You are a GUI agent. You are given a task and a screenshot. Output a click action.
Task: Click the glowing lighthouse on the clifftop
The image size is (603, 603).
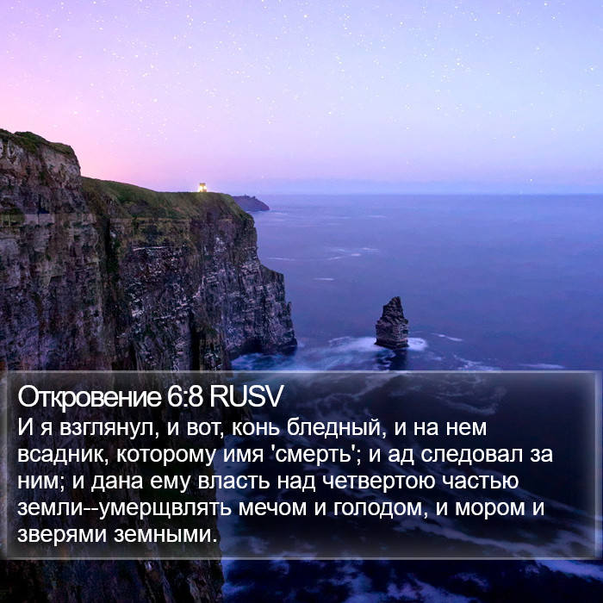tap(202, 187)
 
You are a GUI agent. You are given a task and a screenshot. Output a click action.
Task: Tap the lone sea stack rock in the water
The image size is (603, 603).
tap(391, 323)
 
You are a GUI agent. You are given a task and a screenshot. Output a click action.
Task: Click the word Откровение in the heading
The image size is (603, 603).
tap(90, 397)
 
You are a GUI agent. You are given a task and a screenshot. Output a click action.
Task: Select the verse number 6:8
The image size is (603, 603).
tap(184, 396)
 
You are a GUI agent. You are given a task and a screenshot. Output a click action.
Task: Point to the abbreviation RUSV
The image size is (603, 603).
tap(246, 396)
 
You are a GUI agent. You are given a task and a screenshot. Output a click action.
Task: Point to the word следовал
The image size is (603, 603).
tap(471, 455)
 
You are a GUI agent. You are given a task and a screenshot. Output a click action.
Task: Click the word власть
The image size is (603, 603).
tap(233, 482)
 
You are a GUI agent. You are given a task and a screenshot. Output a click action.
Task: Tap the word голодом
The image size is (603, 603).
tap(381, 509)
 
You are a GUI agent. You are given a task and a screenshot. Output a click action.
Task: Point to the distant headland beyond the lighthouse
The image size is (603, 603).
tap(251, 203)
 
